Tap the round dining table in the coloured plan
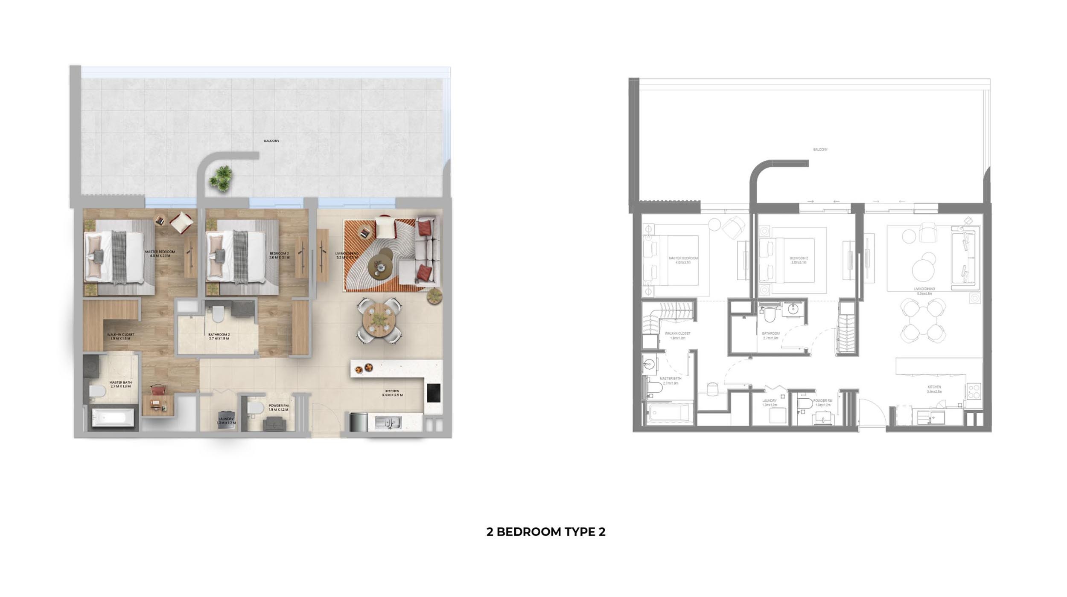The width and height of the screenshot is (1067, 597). (379, 321)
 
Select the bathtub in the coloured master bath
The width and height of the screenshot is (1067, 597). (113, 417)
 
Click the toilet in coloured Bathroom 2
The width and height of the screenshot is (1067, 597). (217, 315)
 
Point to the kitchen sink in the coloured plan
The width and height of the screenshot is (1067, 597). (388, 423)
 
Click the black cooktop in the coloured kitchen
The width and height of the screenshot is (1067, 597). (434, 393)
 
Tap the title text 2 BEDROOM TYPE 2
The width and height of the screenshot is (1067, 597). (546, 532)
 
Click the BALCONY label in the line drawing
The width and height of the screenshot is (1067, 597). (820, 150)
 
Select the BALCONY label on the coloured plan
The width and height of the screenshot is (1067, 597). (271, 141)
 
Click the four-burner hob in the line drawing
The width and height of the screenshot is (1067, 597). (974, 391)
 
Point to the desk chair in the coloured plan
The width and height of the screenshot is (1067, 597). (157, 390)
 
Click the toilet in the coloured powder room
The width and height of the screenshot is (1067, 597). (255, 408)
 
